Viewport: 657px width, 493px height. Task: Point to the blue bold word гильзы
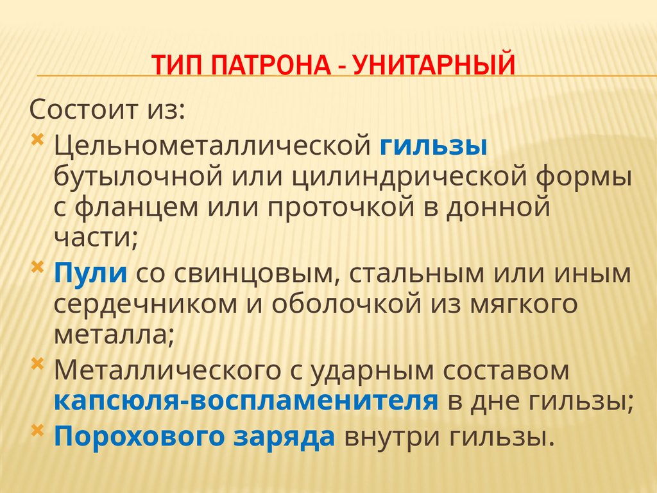[x=433, y=145]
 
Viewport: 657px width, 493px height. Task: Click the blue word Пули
[x=90, y=273]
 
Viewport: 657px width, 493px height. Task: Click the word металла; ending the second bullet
[x=114, y=334]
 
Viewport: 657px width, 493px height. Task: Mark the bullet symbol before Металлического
[x=38, y=365]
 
